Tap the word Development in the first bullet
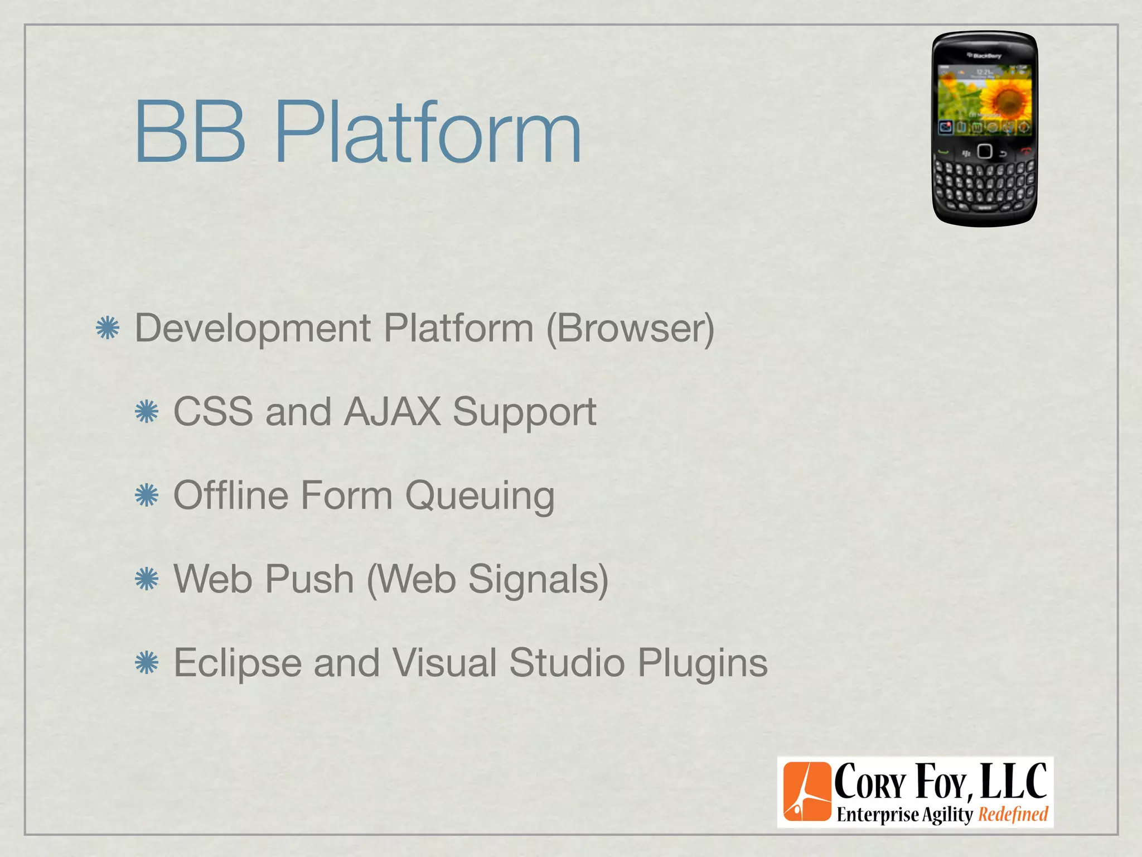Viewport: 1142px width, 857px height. coord(253,329)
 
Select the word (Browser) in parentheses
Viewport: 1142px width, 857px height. coord(630,329)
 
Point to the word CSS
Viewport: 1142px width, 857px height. coord(213,412)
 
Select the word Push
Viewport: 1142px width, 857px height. coord(309,579)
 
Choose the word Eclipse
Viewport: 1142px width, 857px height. coord(238,663)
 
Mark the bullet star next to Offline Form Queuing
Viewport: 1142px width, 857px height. coord(147,495)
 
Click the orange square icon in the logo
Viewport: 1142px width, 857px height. coord(806,792)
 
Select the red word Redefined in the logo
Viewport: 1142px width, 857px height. coord(1013,815)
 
